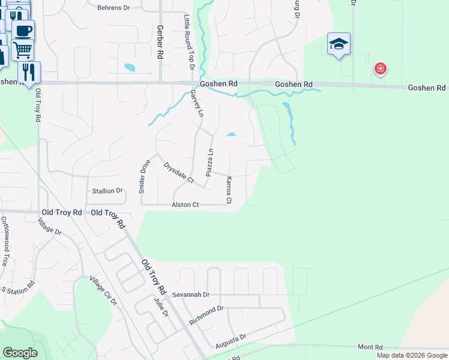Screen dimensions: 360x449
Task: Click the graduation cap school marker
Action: click(x=339, y=44)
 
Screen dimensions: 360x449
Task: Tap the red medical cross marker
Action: click(x=380, y=69)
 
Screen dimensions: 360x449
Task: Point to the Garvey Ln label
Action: click(x=197, y=103)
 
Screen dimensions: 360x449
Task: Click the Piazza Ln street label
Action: click(x=210, y=162)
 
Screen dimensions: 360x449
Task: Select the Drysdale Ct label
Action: click(x=179, y=171)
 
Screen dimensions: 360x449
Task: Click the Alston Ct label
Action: click(x=185, y=205)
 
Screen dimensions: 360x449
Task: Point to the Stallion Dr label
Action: click(x=107, y=191)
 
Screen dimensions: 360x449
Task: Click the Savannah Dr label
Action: click(x=190, y=295)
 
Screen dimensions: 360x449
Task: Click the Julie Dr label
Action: click(x=159, y=309)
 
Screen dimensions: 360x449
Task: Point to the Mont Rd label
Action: click(x=370, y=347)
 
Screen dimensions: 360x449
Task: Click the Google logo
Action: click(x=20, y=353)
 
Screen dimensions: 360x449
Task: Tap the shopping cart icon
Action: click(x=22, y=50)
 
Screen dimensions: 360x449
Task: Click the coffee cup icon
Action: click(x=23, y=30)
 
